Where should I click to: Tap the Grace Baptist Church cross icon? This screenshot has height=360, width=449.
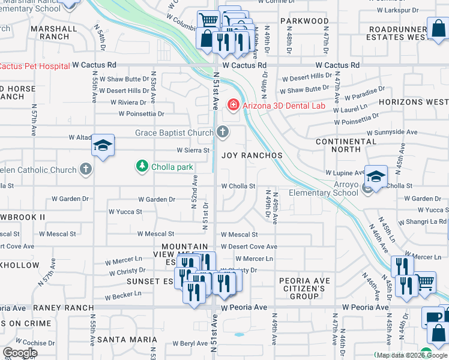[223, 133]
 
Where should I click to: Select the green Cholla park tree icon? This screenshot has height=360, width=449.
[142, 166]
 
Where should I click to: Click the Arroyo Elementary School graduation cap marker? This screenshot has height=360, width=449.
[376, 176]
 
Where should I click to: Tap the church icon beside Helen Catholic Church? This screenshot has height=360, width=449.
[86, 170]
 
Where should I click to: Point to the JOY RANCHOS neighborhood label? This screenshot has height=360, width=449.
[252, 155]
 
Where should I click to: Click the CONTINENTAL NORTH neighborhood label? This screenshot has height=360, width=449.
[346, 146]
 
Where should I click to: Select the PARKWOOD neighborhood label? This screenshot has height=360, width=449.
[304, 21]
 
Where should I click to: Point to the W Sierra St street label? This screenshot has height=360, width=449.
[193, 150]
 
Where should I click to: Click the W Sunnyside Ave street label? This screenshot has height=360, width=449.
[393, 132]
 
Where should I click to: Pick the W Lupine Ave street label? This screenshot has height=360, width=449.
[345, 173]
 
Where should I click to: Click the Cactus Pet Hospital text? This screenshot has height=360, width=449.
[35, 66]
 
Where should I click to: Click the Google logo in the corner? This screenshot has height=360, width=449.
[20, 352]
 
